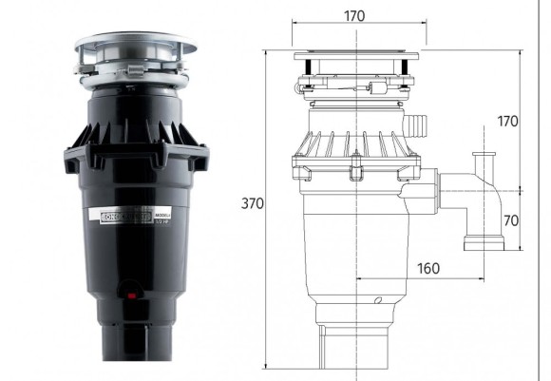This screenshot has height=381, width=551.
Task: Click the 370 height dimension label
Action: (253, 204)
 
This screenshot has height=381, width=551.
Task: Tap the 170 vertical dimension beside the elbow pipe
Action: (509, 121)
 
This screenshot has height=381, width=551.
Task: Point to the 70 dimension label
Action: (510, 221)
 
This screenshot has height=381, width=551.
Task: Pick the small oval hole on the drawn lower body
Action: (378, 302)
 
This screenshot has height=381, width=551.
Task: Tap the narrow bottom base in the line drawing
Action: (356, 346)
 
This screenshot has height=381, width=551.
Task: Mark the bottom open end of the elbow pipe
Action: (482, 246)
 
